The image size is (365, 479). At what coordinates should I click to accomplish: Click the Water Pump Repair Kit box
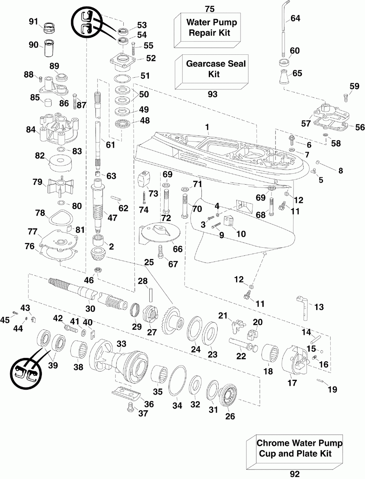coord(207,30)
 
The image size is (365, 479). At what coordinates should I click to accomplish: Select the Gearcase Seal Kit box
coord(212,72)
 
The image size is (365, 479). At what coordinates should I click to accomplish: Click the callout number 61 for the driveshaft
coord(110,145)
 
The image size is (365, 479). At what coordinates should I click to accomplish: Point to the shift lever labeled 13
coord(304,308)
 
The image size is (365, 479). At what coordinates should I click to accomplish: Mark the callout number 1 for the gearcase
coord(207,127)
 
